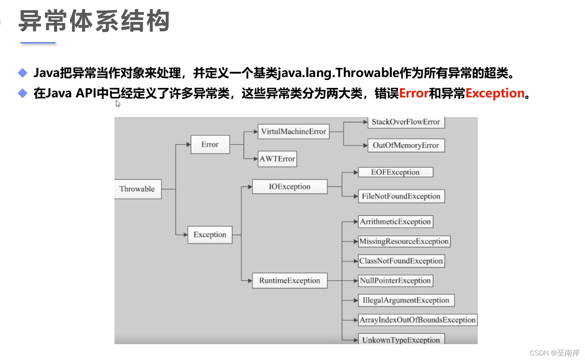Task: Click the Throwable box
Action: pos(137,189)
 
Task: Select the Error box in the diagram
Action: pos(210,145)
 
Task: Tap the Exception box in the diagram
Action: pos(210,235)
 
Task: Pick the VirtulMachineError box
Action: pos(293,132)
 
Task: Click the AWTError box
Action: pos(277,159)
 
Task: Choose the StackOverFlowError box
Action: pos(406,122)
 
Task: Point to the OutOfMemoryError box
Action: pos(406,145)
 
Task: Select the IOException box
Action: pos(290,187)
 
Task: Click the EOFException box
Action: pos(395,172)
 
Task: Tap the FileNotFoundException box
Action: pos(401,196)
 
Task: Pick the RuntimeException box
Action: pos(290,281)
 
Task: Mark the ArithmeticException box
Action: pos(395,222)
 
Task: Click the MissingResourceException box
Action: pos(404,242)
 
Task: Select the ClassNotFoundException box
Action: pos(401,261)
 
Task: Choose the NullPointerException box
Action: pos(395,281)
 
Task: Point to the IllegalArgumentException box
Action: pos(406,300)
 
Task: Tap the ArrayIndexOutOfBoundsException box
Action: pos(417,320)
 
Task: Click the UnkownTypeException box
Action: pos(401,340)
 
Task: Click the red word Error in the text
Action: pos(414,93)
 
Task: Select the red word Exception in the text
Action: pos(495,93)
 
